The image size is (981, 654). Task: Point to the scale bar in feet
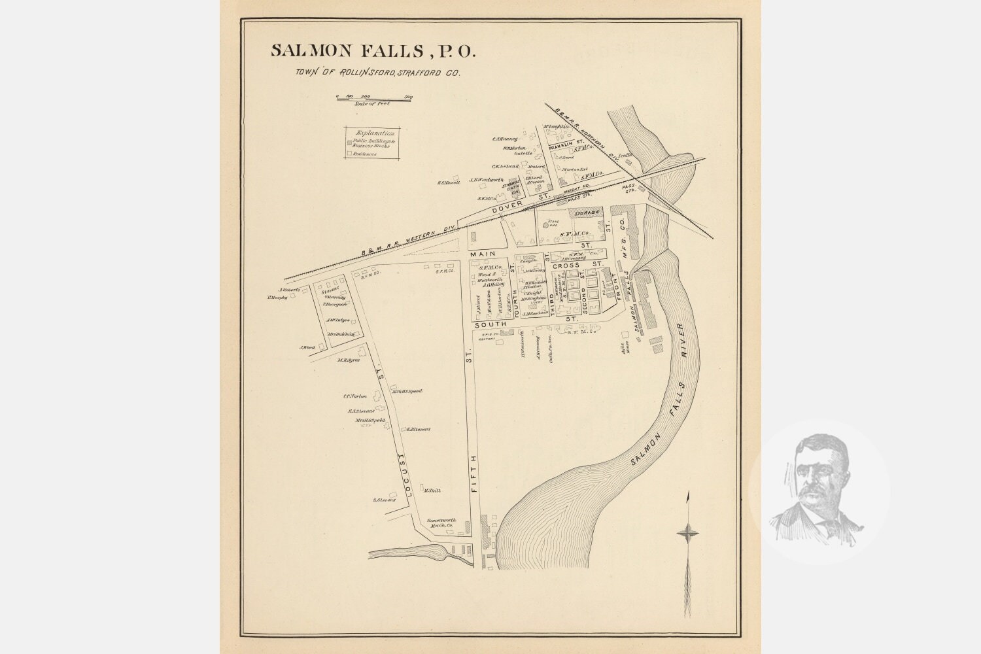[374, 98]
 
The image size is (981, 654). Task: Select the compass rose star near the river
[687, 534]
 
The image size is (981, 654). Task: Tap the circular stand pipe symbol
[546, 225]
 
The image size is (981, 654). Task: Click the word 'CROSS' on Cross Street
[564, 266]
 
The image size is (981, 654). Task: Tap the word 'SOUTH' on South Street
[490, 324]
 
